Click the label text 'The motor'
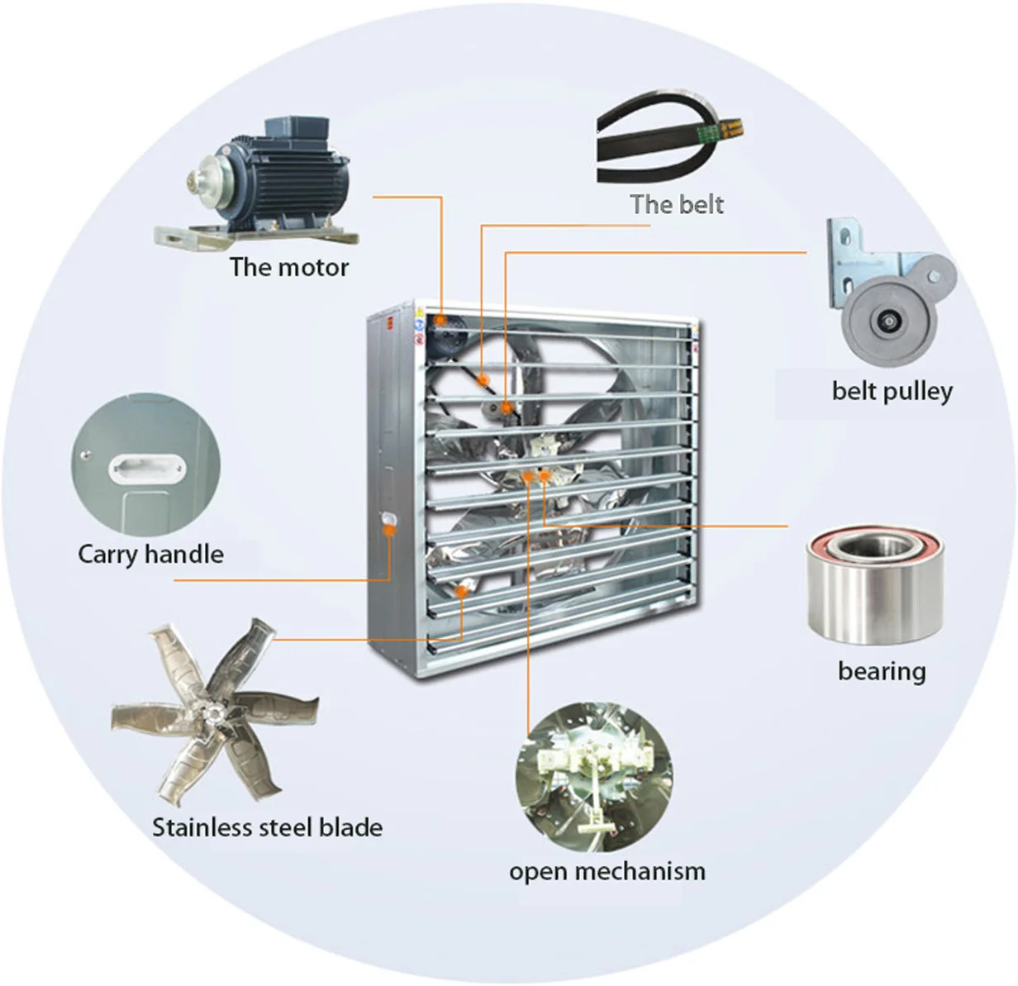pos(289,267)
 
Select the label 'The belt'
pos(677,204)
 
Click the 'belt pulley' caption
pos(892,390)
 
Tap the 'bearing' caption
pos(882,670)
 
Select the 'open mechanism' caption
pos(607,871)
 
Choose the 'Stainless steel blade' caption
pos(267,827)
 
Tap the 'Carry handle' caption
pos(150,554)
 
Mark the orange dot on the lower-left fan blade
pos(463,590)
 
